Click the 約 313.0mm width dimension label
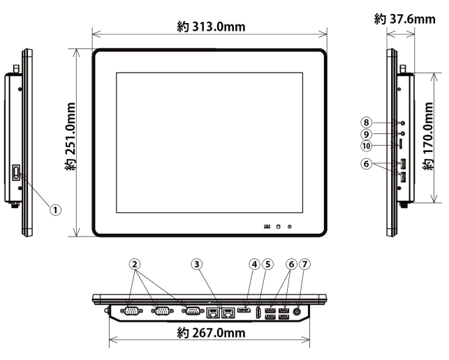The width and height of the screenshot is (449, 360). [x=211, y=27]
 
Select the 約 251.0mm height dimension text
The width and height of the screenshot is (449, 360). [x=71, y=137]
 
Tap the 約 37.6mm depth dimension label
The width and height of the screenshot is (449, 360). [x=404, y=19]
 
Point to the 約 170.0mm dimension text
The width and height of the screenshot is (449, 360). [x=428, y=136]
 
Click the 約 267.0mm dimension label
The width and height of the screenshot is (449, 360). [x=211, y=333]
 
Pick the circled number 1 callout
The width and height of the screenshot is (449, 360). [x=56, y=210]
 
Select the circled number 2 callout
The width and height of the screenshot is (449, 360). [x=135, y=264]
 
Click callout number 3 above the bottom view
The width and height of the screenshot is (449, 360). [x=197, y=264]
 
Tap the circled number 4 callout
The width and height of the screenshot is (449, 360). [x=255, y=264]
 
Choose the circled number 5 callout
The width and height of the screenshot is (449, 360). [x=267, y=264]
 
